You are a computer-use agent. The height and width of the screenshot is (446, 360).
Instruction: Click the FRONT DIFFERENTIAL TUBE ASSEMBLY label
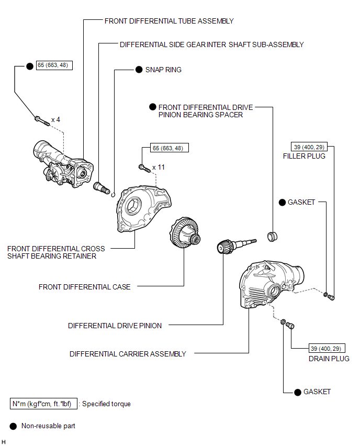[168, 21]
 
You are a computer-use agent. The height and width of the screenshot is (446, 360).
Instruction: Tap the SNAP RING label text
[164, 70]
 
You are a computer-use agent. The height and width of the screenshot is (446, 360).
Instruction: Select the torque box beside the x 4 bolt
[54, 66]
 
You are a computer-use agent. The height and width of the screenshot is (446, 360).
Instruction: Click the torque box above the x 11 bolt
[169, 148]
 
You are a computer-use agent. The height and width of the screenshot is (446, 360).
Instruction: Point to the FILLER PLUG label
[304, 156]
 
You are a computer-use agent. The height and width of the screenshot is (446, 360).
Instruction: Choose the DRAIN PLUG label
[329, 359]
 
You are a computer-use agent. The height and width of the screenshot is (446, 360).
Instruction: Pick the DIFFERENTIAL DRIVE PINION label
[115, 326]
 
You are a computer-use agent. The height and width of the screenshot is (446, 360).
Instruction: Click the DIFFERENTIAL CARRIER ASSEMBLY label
[128, 354]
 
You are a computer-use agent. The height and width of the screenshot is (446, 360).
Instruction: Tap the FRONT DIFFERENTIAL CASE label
[84, 287]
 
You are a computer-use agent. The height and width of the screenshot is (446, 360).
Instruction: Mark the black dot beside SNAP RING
[139, 70]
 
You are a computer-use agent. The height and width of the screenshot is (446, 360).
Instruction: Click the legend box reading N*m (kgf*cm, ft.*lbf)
[44, 404]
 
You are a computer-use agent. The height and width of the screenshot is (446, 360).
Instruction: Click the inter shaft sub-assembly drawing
[100, 187]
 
